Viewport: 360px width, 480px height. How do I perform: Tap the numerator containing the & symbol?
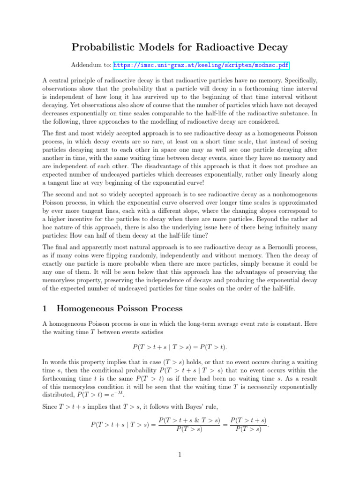[190, 421]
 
